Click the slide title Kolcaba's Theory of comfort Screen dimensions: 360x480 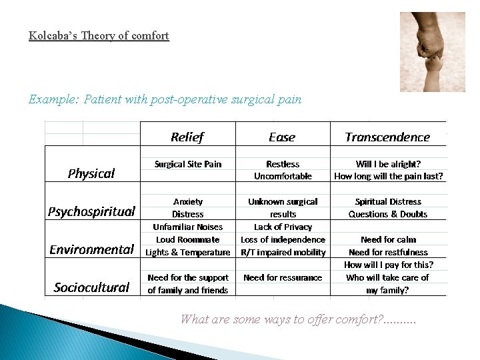click(x=99, y=36)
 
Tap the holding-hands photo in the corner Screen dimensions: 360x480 click(x=432, y=52)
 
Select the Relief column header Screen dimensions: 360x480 click(x=187, y=137)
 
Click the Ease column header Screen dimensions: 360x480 click(x=282, y=137)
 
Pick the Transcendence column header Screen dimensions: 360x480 click(x=387, y=137)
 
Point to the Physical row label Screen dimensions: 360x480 click(x=91, y=173)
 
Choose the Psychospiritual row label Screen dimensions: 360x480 click(x=91, y=212)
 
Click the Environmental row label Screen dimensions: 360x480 click(x=91, y=249)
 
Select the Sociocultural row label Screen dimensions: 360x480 click(x=91, y=287)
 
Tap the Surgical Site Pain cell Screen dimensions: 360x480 click(x=188, y=164)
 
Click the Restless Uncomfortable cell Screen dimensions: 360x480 click(x=283, y=170)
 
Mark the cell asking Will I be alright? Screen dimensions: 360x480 click(x=388, y=164)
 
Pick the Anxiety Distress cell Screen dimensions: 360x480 click(x=188, y=207)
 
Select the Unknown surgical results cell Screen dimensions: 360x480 click(x=283, y=207)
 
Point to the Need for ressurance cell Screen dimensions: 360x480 click(x=283, y=277)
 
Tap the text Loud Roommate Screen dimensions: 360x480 click(x=188, y=239)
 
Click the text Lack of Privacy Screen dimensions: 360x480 click(x=283, y=227)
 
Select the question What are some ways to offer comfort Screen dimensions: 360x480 click(x=297, y=319)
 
